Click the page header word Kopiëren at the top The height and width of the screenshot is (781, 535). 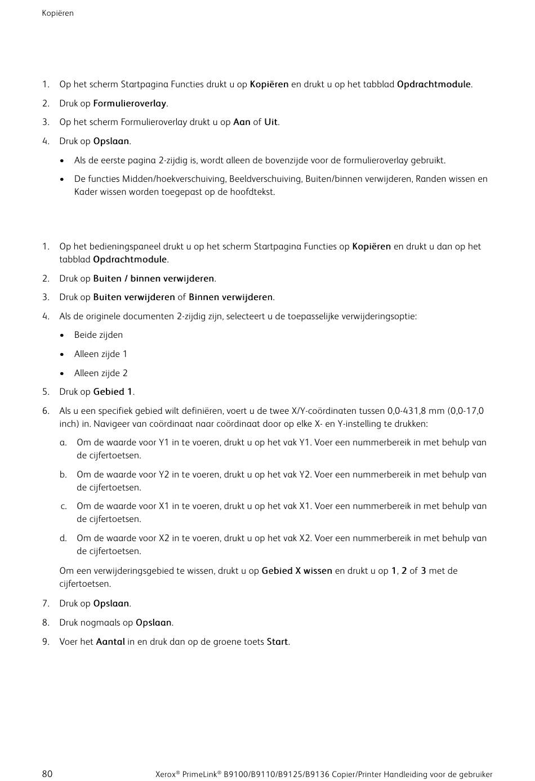(57, 13)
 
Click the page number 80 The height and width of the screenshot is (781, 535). (47, 774)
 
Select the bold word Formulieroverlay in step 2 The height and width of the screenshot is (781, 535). (130, 104)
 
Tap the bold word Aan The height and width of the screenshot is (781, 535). (242, 122)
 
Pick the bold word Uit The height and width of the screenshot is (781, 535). (271, 122)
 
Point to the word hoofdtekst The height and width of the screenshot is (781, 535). (252, 192)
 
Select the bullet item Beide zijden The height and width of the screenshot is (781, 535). (99, 335)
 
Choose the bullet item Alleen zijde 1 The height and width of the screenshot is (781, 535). (101, 354)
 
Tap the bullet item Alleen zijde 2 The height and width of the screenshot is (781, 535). (101, 373)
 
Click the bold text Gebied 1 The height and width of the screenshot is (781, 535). (113, 392)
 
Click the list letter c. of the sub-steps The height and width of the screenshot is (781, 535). (64, 506)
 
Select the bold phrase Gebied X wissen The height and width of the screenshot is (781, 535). (297, 571)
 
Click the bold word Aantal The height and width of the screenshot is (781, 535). (110, 642)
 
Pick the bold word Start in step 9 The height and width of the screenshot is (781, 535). (277, 642)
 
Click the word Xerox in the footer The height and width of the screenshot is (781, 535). (165, 774)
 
